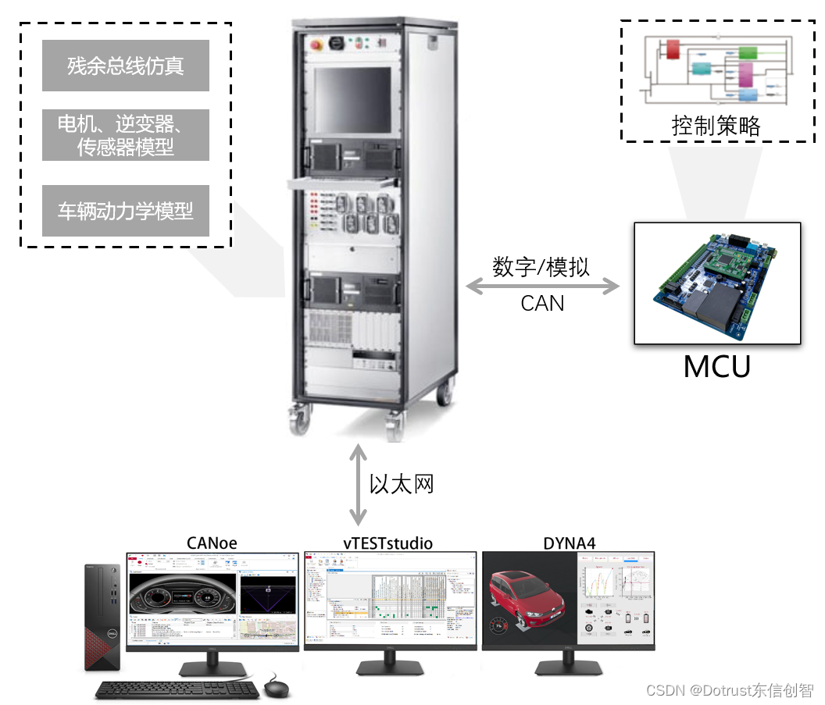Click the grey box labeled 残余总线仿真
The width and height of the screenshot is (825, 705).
point(125,66)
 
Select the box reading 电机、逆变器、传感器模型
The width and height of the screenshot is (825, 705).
point(125,134)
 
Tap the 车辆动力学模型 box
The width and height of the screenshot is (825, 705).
point(125,211)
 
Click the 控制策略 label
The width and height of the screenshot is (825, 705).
point(716,125)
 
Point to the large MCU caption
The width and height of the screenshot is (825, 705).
point(716,367)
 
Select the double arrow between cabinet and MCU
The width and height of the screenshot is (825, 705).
point(542,286)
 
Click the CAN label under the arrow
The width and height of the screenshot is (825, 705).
point(542,303)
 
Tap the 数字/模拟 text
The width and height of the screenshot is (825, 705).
point(541,266)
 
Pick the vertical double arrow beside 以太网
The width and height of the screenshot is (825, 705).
point(358,484)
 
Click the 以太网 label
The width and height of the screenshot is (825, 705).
point(401,484)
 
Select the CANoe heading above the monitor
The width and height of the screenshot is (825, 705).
point(212,543)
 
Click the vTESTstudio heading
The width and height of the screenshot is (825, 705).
point(388,543)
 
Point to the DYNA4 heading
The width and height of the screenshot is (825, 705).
point(568,543)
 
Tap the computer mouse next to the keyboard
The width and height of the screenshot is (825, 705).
point(276,688)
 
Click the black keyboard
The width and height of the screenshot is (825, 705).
point(177,690)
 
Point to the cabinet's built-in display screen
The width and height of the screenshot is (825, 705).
point(352,98)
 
